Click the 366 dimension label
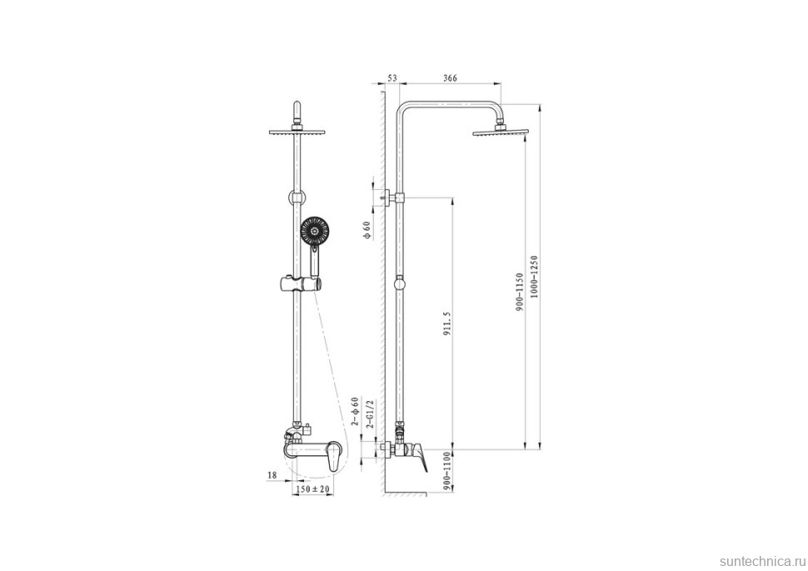click(451, 77)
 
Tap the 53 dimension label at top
click(392, 77)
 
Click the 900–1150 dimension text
click(520, 292)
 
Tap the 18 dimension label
click(272, 475)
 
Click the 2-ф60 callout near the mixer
click(355, 411)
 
